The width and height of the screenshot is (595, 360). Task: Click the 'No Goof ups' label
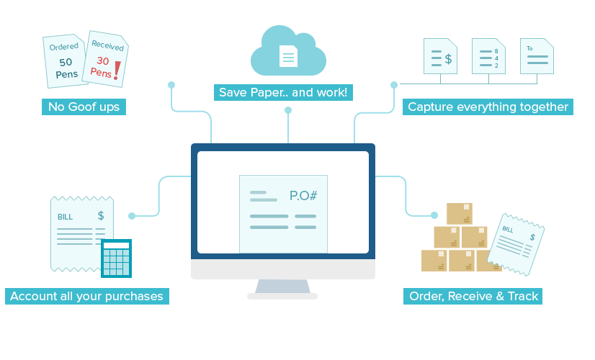pos(84,107)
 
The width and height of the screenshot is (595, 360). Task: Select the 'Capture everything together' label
pos(488,107)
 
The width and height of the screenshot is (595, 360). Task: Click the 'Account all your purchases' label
pos(86,296)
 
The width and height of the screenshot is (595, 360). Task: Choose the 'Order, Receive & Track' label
pos(474,296)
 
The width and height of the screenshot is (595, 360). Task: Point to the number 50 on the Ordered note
pos(65,63)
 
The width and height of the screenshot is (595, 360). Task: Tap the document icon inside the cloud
pos(288,55)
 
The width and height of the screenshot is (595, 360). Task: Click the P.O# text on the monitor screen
pos(303,196)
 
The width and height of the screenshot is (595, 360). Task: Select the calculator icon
pos(116,258)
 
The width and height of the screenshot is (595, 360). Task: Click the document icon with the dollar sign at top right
pos(441,56)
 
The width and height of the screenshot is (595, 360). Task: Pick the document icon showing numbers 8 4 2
pos(486,56)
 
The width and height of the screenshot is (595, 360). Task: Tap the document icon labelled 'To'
pos(537,56)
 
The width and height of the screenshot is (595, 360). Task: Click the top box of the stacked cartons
pos(459,213)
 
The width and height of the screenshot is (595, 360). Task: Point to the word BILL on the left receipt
pos(65,217)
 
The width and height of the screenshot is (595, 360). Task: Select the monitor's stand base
pos(282,295)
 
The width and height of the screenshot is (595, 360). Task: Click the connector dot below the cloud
pos(288,110)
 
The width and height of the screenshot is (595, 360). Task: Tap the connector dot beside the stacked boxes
pos(434,215)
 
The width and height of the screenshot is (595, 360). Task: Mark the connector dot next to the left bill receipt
pos(132,215)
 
